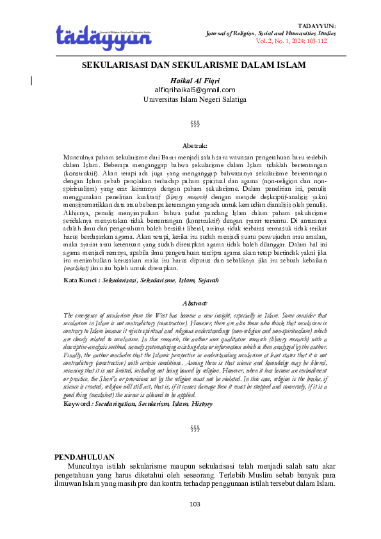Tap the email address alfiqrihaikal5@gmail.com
pos(195,90)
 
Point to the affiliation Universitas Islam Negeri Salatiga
pos(195,100)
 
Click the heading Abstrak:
pos(195,147)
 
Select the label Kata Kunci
pos(81,280)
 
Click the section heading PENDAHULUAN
pos(85,457)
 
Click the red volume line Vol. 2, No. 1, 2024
pos(291,40)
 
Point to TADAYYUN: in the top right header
pos(318,24)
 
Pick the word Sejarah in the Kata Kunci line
pos(206,280)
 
